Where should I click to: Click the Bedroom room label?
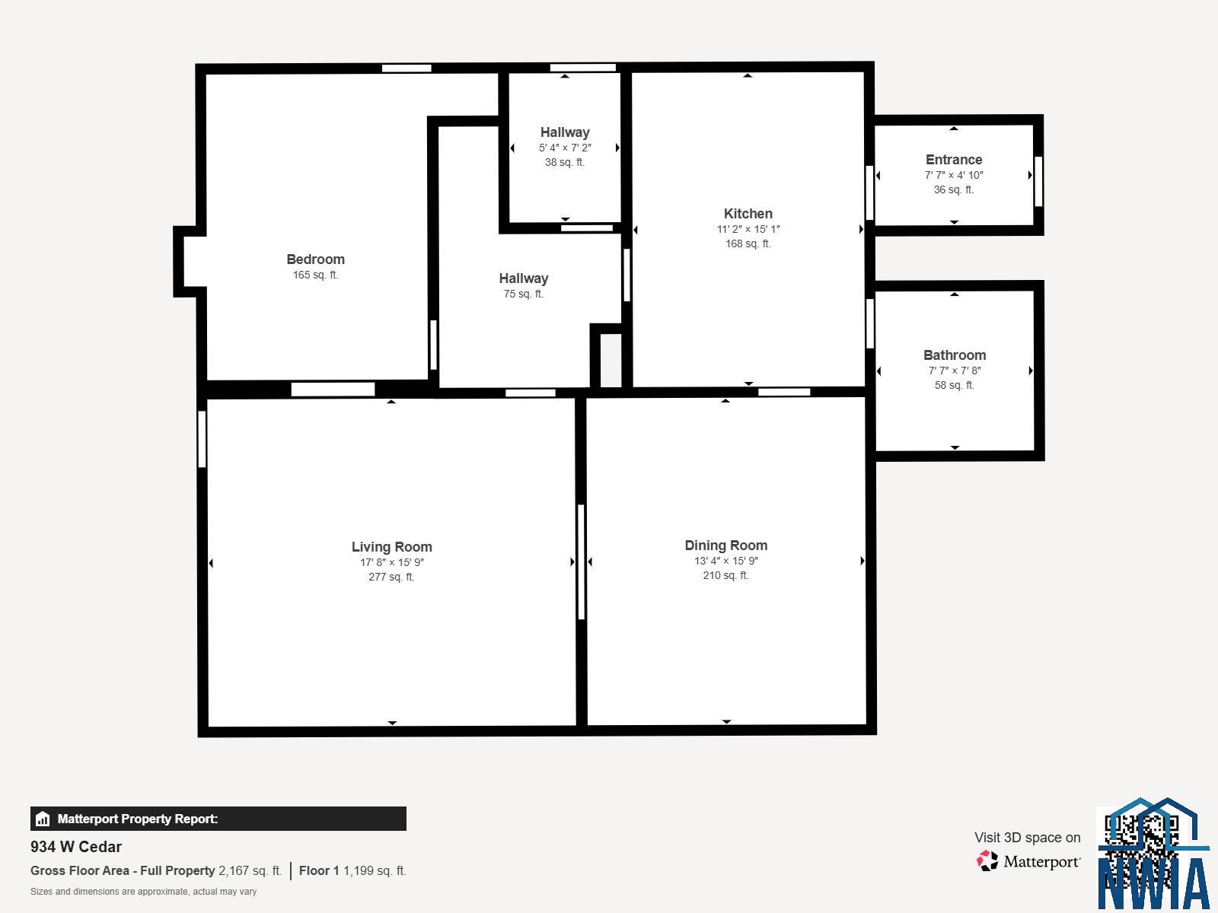click(x=315, y=259)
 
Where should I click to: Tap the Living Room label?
click(x=392, y=546)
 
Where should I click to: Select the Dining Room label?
click(x=725, y=545)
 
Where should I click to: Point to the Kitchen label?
click(x=748, y=214)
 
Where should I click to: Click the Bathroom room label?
click(x=955, y=355)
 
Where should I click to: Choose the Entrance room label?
click(x=954, y=160)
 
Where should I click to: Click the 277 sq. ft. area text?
click(x=391, y=577)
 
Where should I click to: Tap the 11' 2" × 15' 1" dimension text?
click(x=748, y=229)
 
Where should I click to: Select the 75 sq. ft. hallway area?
click(x=523, y=294)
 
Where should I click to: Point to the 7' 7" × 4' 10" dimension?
click(x=954, y=175)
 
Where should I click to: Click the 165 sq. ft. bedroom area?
click(x=315, y=275)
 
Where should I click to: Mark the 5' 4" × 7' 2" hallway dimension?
click(x=565, y=148)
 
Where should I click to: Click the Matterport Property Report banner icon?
click(x=43, y=819)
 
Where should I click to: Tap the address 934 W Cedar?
click(x=76, y=847)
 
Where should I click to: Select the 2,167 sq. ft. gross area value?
click(x=250, y=870)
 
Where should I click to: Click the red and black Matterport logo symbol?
click(x=987, y=861)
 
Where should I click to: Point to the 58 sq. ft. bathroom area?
click(x=954, y=385)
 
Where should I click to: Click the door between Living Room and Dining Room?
click(x=581, y=561)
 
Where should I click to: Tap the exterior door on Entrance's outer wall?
click(x=1038, y=181)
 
